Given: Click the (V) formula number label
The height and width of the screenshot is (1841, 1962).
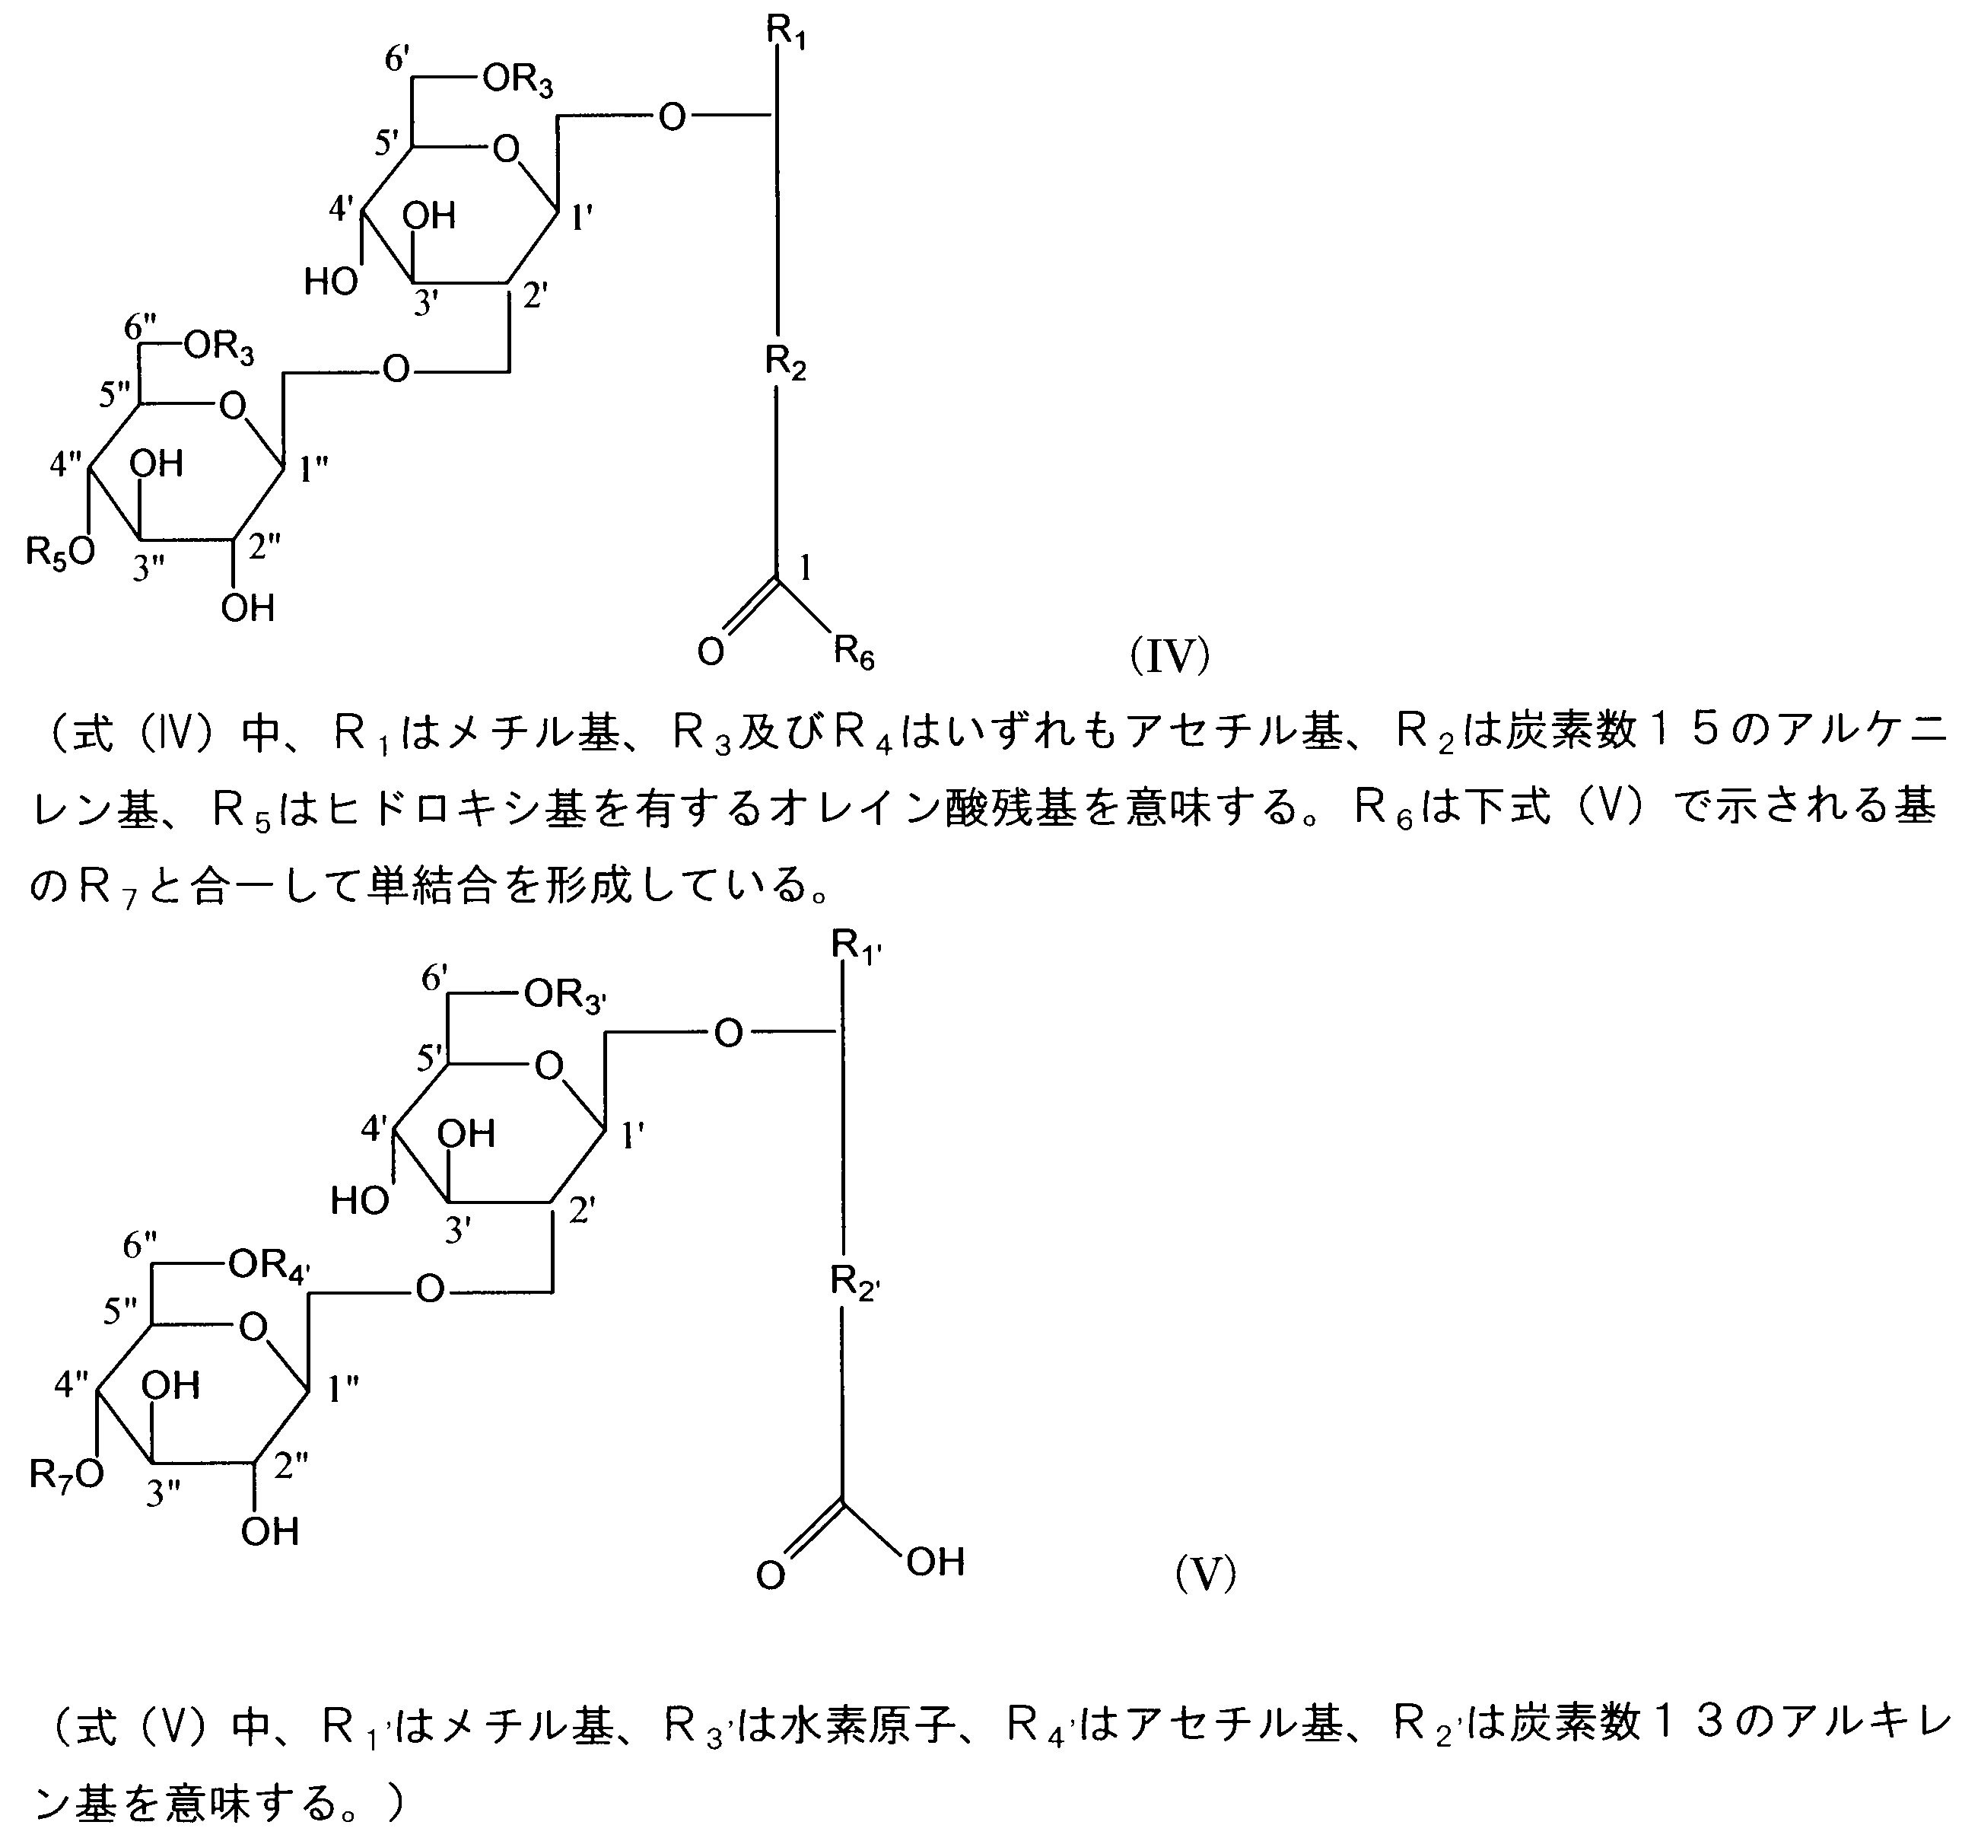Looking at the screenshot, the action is [x=1205, y=1572].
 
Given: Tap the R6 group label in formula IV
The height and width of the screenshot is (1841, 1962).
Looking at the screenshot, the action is [x=854, y=654].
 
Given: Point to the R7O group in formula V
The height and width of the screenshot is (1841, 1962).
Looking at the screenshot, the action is [x=66, y=1475].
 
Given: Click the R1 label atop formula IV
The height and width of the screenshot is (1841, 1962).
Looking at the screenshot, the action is [x=787, y=34].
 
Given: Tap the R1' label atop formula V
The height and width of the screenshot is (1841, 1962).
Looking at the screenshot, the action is [x=854, y=948].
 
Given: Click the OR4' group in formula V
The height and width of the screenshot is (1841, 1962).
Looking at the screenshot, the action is [x=269, y=1266].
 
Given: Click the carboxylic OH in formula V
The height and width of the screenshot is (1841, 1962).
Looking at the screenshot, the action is [x=935, y=1562].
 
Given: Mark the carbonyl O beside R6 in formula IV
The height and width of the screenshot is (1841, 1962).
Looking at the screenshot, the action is [x=711, y=651].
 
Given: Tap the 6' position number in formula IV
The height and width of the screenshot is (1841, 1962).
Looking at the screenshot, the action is [x=397, y=61].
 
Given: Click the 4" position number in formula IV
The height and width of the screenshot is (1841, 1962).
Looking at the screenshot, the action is [x=66, y=463].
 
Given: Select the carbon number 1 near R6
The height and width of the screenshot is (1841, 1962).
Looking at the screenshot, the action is [x=806, y=568].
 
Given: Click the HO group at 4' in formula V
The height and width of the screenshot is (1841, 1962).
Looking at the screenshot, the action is [x=359, y=1202].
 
